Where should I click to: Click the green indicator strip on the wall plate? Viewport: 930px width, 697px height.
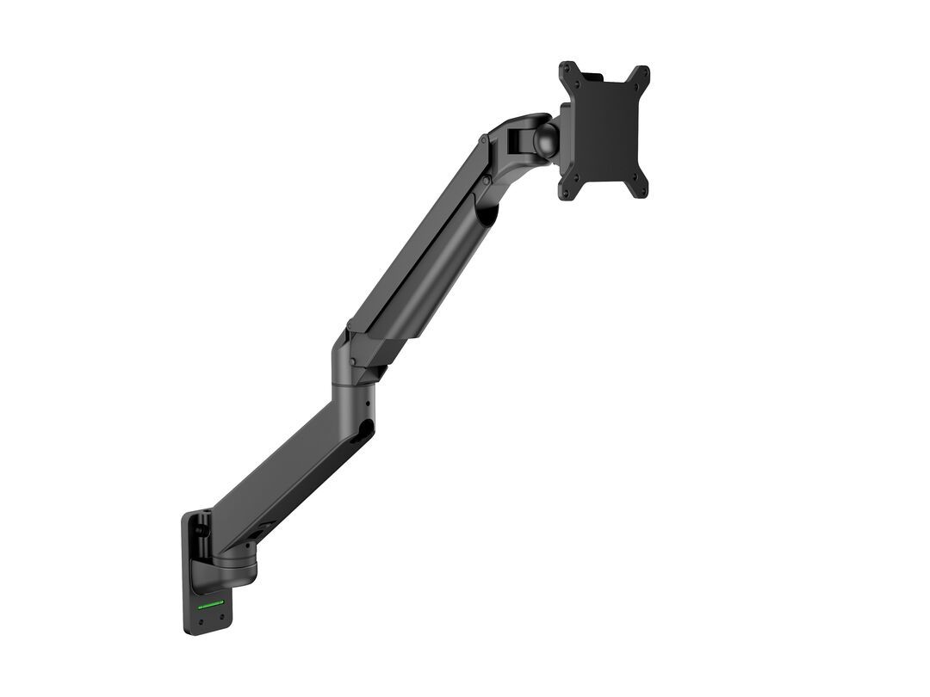(x=212, y=604)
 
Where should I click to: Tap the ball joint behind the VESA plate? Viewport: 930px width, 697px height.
(x=545, y=140)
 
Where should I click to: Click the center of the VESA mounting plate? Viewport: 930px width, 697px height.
(x=604, y=131)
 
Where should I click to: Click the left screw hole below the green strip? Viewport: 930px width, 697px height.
(x=201, y=618)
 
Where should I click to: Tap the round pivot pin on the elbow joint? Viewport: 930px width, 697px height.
(x=351, y=361)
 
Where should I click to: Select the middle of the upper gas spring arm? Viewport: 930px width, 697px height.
(x=422, y=258)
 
